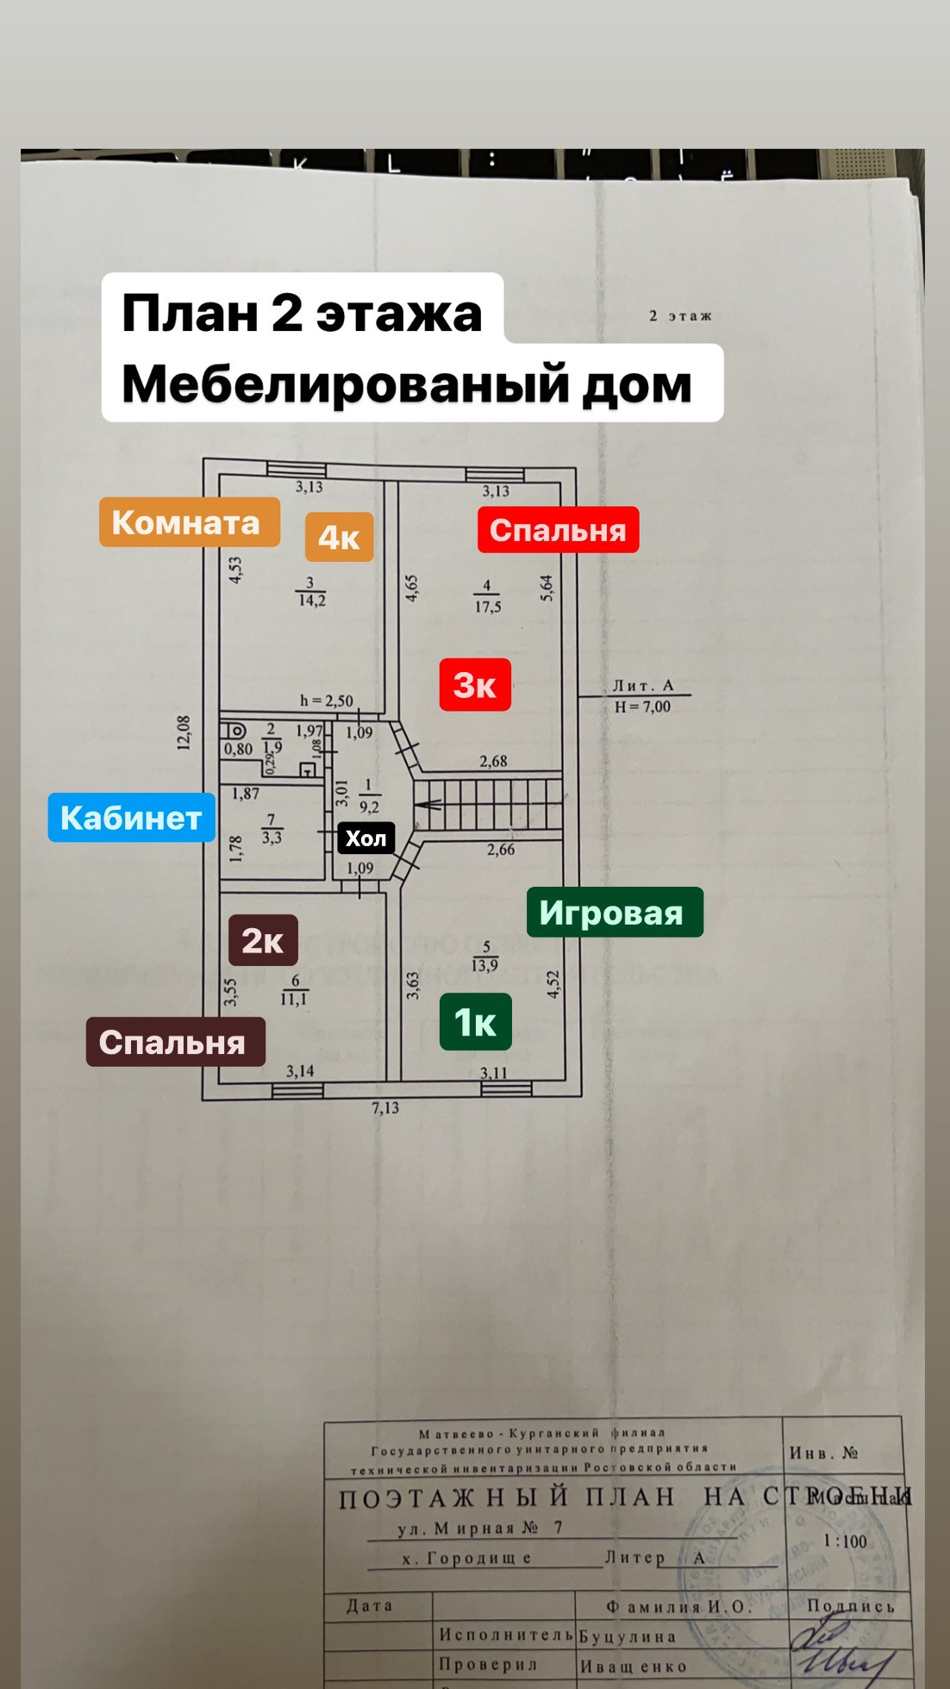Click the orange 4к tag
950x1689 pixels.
pos(339,537)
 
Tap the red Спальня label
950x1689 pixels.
pos(558,530)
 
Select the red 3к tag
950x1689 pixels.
pos(475,685)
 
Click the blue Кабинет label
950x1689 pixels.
pos(131,817)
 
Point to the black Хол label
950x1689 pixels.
pos(366,838)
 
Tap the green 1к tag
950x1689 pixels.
pos(475,1022)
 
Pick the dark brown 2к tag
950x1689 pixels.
pos(263,940)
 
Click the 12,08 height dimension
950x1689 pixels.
pos(184,732)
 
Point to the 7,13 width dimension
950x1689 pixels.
pos(385,1108)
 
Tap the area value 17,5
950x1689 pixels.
pos(487,607)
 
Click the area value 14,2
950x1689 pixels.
pos(311,601)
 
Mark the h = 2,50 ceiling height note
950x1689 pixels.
pos(326,701)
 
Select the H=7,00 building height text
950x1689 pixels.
pos(642,707)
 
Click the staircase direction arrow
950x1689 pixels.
pos(428,806)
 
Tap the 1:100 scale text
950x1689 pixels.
pos(845,1542)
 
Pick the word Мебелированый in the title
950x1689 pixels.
pos(345,383)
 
